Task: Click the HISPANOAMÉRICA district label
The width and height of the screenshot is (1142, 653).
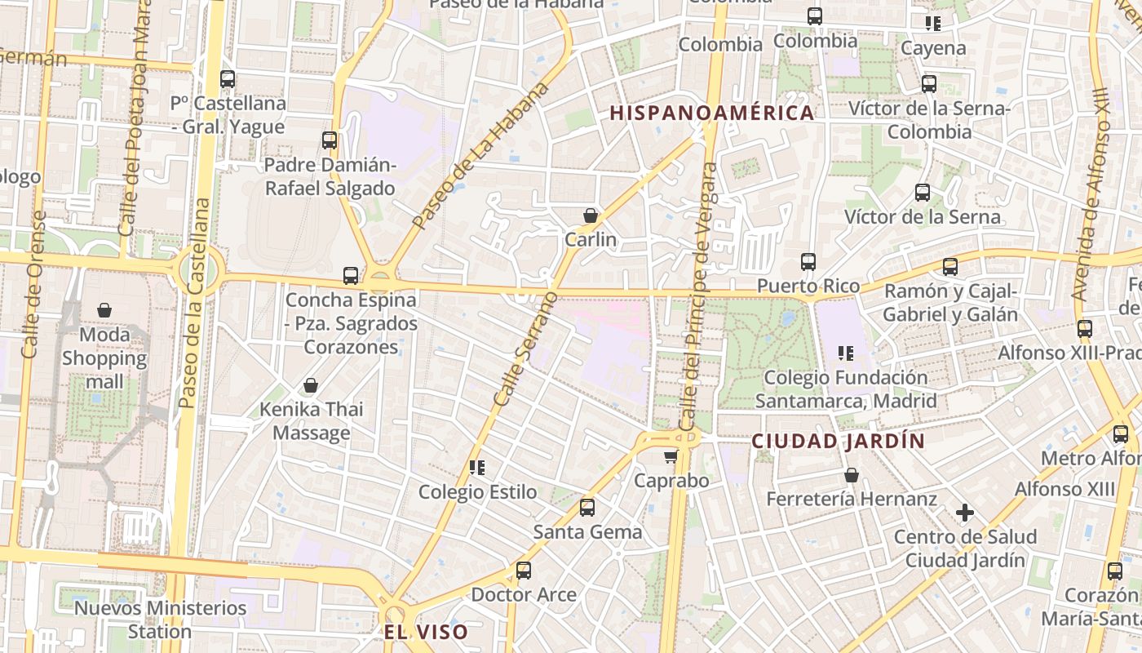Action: coord(712,113)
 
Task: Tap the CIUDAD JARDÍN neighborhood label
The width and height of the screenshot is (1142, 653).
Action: coord(838,442)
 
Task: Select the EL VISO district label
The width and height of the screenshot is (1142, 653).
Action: coord(427,632)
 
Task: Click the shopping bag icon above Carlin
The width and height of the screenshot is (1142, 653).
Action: coord(591,215)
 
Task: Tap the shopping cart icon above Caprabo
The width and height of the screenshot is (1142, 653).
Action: coord(671,456)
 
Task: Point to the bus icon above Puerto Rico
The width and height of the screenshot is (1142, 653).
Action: coord(808,262)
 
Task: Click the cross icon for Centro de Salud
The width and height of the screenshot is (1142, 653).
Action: coord(965,513)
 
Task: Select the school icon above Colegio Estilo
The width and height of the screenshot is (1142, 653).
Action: coord(477,468)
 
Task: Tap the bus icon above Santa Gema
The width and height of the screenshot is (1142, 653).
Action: coord(587,509)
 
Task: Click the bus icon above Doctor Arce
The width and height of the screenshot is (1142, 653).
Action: coord(524,571)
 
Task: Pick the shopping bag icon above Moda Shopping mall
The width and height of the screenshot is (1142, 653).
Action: coord(104,310)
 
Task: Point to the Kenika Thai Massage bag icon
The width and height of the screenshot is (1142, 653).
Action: coord(311,385)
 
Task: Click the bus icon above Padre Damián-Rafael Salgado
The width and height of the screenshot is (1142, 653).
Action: coord(330,140)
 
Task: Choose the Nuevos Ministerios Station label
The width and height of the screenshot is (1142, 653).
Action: coord(160,620)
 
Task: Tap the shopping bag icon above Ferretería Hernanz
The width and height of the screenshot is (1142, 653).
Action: coord(852,475)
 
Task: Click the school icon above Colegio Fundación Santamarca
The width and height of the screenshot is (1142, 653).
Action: coord(846,353)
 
